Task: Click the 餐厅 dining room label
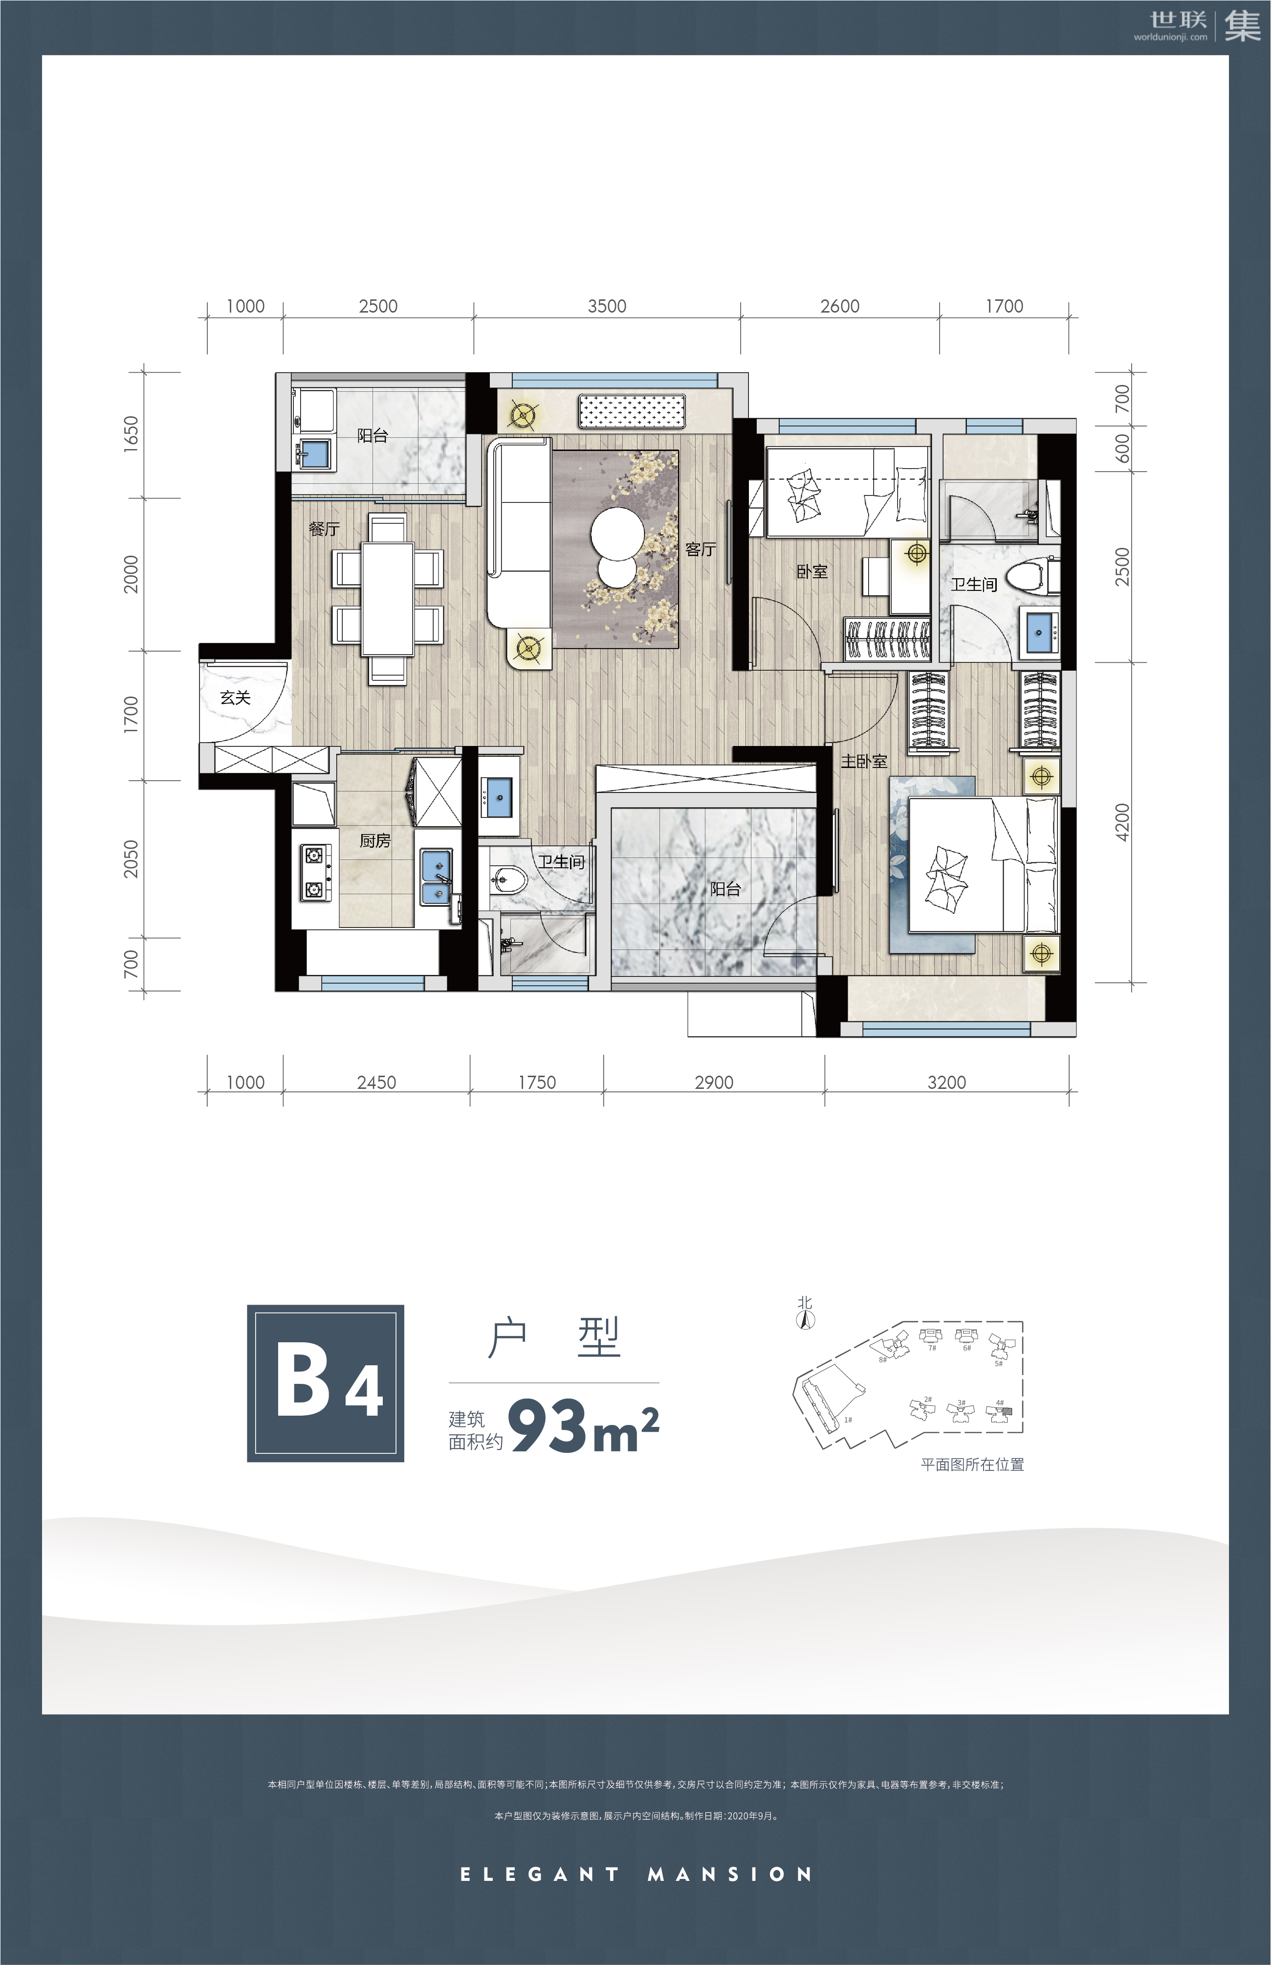coord(325,528)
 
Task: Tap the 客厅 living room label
coord(701,549)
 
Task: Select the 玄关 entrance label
coord(235,698)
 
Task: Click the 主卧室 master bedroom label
coord(864,761)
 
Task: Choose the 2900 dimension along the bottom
coord(714,1083)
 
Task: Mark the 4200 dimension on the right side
coord(1121,822)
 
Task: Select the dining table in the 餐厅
coord(388,599)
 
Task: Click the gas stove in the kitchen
coord(314,872)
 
